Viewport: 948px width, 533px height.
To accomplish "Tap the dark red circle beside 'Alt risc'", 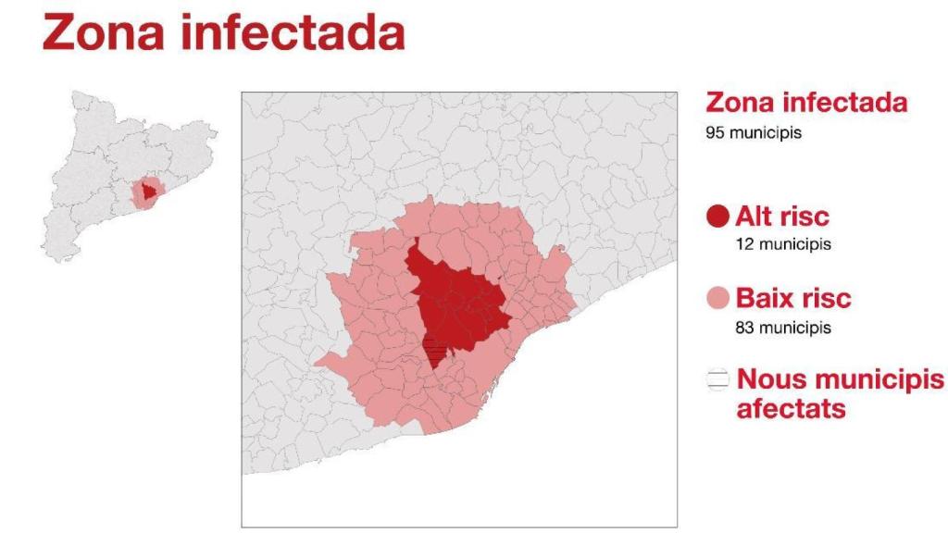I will [x=718, y=218].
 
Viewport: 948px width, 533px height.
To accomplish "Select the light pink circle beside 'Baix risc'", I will [x=718, y=300].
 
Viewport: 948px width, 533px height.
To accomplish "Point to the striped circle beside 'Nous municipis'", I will [x=718, y=380].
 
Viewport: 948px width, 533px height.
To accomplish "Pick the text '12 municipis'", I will [x=782, y=245].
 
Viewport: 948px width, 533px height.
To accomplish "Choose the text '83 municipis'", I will [x=782, y=327].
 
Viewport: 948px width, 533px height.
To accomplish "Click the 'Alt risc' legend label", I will [x=782, y=217].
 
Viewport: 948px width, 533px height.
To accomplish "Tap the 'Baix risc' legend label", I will [x=793, y=299].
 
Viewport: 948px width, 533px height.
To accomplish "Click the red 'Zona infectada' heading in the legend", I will [x=806, y=103].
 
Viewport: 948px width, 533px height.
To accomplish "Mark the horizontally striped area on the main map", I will [x=433, y=352].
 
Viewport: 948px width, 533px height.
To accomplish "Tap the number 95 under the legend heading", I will [x=715, y=132].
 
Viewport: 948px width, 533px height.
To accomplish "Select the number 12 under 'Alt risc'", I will [x=742, y=245].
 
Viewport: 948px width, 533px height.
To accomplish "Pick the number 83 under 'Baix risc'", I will [x=743, y=327].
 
